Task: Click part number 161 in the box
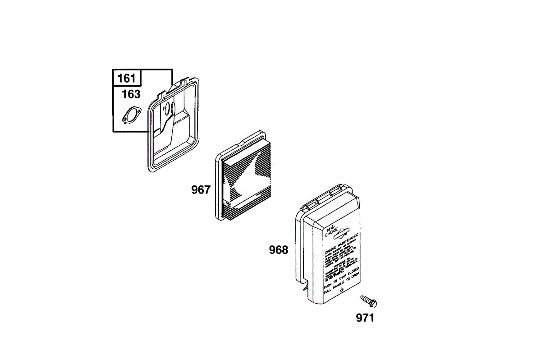click(127, 78)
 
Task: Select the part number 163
click(131, 94)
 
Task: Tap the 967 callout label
click(201, 190)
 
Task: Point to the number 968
click(278, 250)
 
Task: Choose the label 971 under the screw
click(365, 318)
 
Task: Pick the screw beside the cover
click(368, 300)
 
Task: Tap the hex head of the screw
click(373, 304)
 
